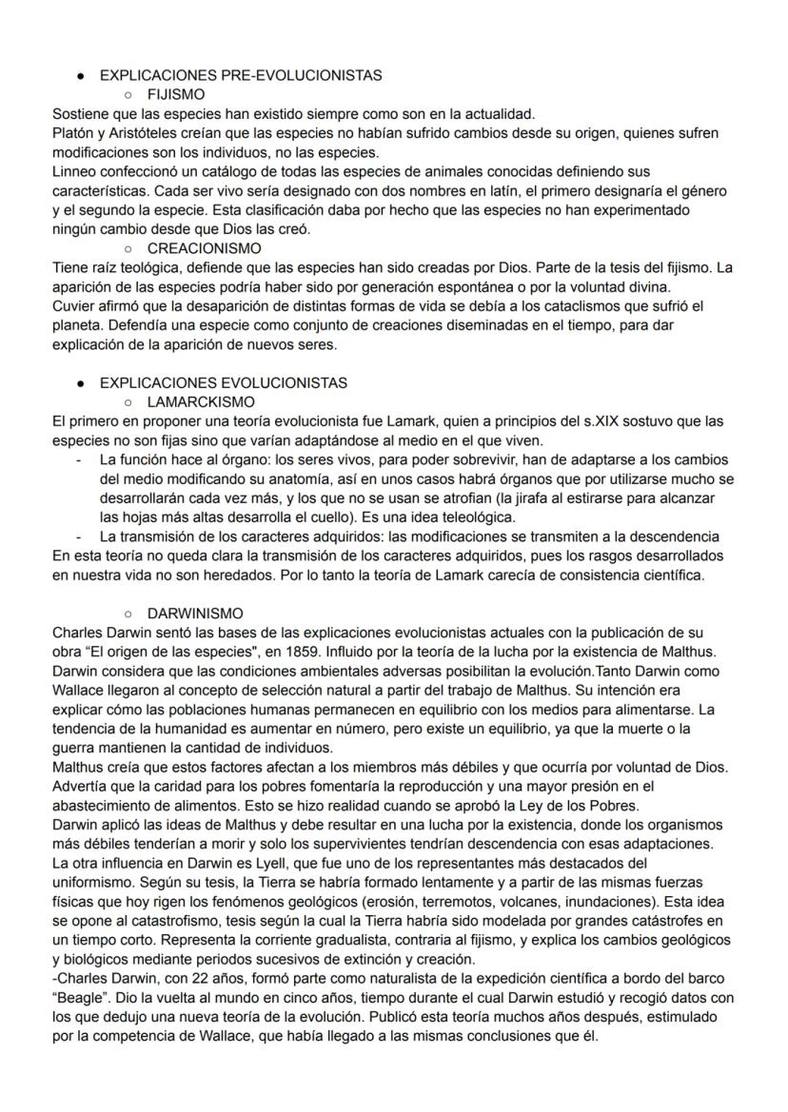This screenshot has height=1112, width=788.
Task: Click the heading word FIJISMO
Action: point(176,95)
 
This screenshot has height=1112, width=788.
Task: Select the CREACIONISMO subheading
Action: point(205,247)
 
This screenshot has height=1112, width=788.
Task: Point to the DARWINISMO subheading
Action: point(195,614)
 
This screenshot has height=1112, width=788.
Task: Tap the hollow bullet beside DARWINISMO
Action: point(128,614)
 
